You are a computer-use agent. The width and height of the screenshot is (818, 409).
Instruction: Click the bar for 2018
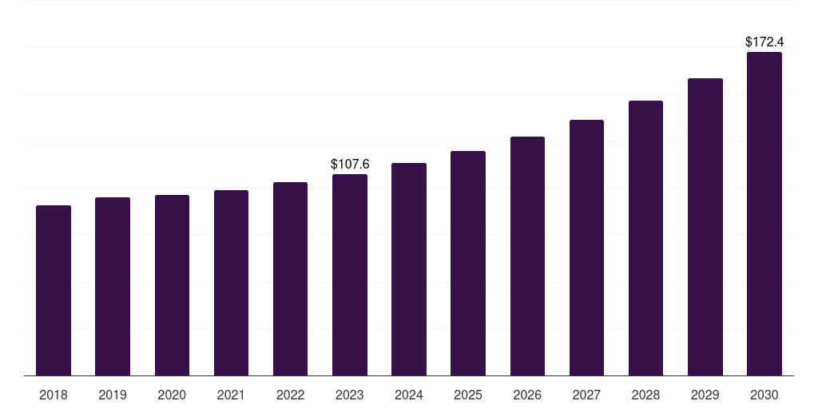[x=54, y=291]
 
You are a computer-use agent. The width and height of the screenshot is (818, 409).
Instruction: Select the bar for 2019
[x=113, y=287]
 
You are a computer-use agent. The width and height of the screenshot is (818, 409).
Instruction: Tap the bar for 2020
[x=172, y=285]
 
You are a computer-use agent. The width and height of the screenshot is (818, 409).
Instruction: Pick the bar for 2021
[x=231, y=283]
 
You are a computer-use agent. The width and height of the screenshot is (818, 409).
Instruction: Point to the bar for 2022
[x=290, y=279]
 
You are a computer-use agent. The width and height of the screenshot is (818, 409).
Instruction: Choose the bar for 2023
[x=350, y=275]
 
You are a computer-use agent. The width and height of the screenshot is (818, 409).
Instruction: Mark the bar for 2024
[x=409, y=269]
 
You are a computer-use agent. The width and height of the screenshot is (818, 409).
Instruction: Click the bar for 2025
[x=468, y=264]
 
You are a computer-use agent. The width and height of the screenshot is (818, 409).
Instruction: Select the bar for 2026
[x=527, y=256]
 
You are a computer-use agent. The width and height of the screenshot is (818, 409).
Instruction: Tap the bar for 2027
[x=586, y=248]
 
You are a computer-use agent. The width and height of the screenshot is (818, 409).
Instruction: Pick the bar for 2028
[x=645, y=238]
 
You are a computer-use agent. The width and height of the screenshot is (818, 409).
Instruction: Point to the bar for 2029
[x=705, y=227]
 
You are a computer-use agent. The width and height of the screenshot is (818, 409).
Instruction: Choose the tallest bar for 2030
[x=764, y=214]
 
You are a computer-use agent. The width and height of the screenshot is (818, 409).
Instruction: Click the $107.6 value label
[x=350, y=164]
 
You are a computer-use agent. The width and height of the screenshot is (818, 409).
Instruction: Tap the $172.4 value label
[x=764, y=42]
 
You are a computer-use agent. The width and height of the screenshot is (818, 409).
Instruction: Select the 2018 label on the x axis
[x=54, y=395]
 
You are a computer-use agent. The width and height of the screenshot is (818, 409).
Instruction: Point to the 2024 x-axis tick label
[x=409, y=395]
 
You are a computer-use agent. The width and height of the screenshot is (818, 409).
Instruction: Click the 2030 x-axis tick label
[x=764, y=395]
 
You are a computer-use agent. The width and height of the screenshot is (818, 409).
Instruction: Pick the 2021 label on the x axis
[x=231, y=395]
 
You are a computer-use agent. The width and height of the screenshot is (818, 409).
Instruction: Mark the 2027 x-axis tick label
[x=586, y=395]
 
